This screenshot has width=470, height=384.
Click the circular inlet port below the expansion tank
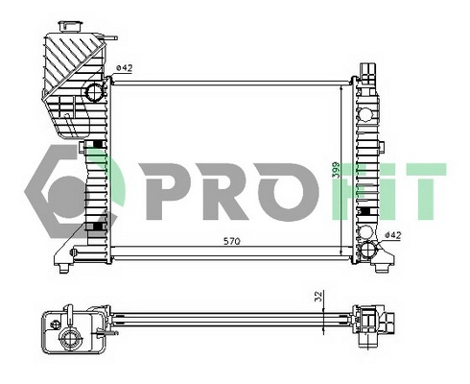pyautogui.click(x=94, y=93)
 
